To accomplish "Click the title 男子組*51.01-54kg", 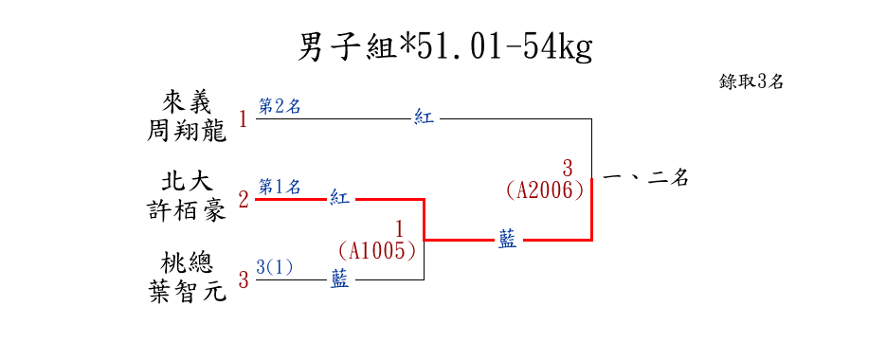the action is pyautogui.click(x=445, y=47).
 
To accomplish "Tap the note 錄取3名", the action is pyautogui.click(x=750, y=81).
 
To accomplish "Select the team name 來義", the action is pyautogui.click(x=187, y=103).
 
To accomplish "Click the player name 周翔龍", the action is pyautogui.click(x=187, y=132).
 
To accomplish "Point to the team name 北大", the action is pyautogui.click(x=187, y=183).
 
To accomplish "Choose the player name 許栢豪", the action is pyautogui.click(x=187, y=211).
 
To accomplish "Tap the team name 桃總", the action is pyautogui.click(x=187, y=263).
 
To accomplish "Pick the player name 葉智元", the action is pyautogui.click(x=187, y=292).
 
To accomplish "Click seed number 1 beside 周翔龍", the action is pyautogui.click(x=243, y=119).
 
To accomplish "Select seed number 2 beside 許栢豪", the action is pyautogui.click(x=243, y=199).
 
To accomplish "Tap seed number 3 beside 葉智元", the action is pyautogui.click(x=243, y=279).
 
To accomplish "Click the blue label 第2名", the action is pyautogui.click(x=280, y=106).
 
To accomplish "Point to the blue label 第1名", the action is pyautogui.click(x=280, y=186).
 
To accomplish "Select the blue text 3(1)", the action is pyautogui.click(x=275, y=267).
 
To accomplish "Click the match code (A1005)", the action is pyautogui.click(x=377, y=251).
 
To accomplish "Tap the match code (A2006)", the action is pyautogui.click(x=545, y=190).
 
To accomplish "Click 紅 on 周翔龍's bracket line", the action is pyautogui.click(x=425, y=118).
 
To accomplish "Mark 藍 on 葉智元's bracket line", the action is pyautogui.click(x=339, y=279).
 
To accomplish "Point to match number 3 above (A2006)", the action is pyautogui.click(x=568, y=169).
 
